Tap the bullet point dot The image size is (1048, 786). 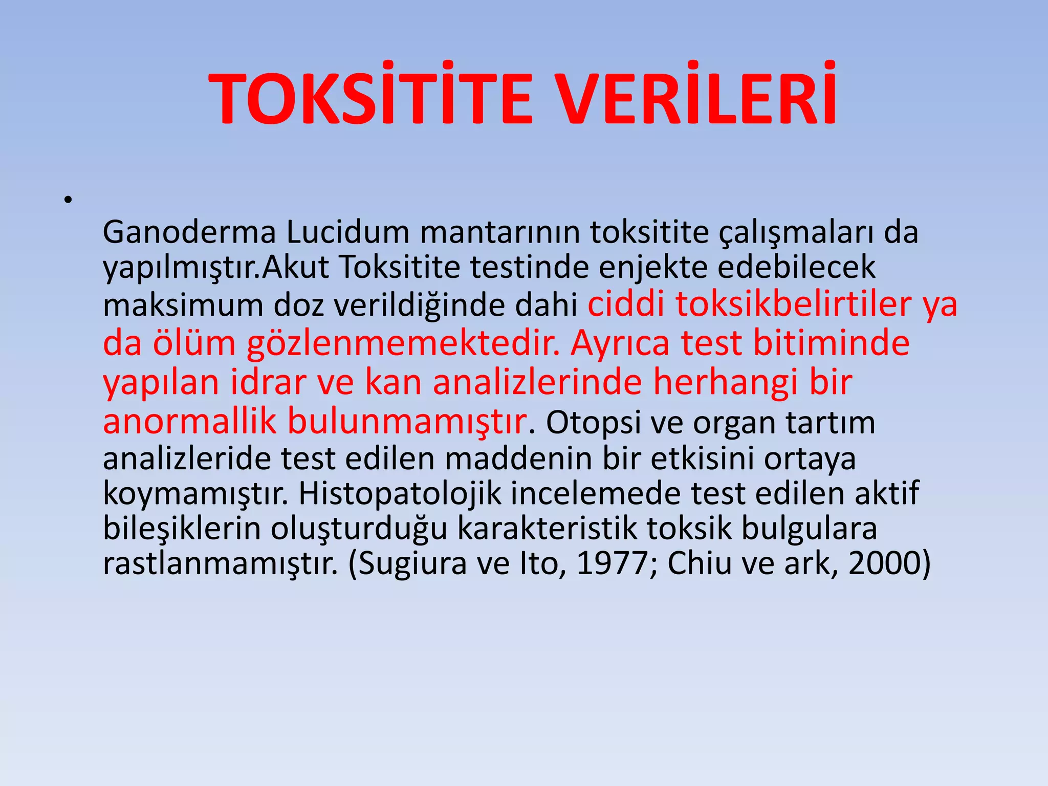coord(67,200)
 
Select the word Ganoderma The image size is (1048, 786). coord(189,232)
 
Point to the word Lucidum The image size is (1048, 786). coord(347,232)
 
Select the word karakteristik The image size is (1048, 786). coord(547,528)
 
